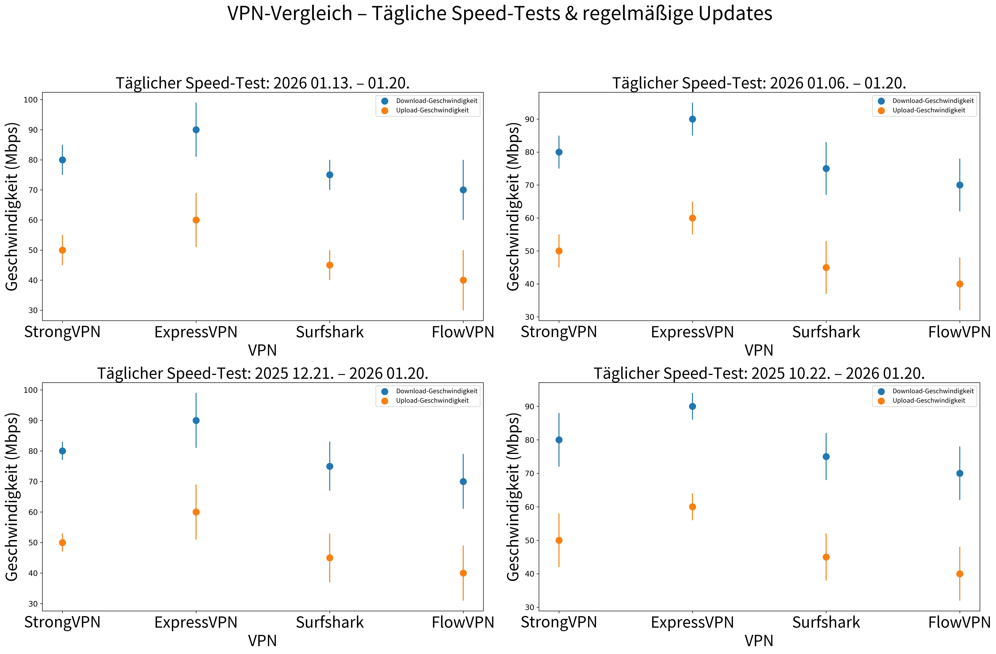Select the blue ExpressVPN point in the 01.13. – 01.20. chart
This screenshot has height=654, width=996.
(x=196, y=130)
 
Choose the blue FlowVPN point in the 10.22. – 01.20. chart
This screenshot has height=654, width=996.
(x=960, y=473)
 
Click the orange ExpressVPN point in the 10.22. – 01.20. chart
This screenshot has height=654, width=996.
(x=692, y=507)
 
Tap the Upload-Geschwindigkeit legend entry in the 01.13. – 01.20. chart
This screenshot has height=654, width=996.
(x=432, y=111)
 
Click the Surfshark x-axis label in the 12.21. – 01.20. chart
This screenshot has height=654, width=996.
(x=330, y=622)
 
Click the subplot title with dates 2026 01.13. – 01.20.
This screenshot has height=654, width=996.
(x=262, y=83)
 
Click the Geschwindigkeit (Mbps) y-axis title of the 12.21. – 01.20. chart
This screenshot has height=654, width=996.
(x=12, y=497)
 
